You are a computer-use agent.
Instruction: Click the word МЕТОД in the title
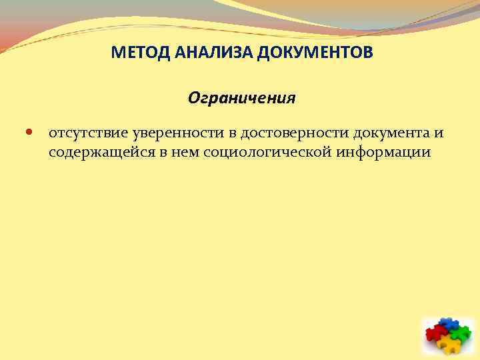pyautogui.click(x=133, y=51)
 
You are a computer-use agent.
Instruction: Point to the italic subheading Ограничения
pyautogui.click(x=241, y=99)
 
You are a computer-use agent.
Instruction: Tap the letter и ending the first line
pyautogui.click(x=439, y=133)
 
